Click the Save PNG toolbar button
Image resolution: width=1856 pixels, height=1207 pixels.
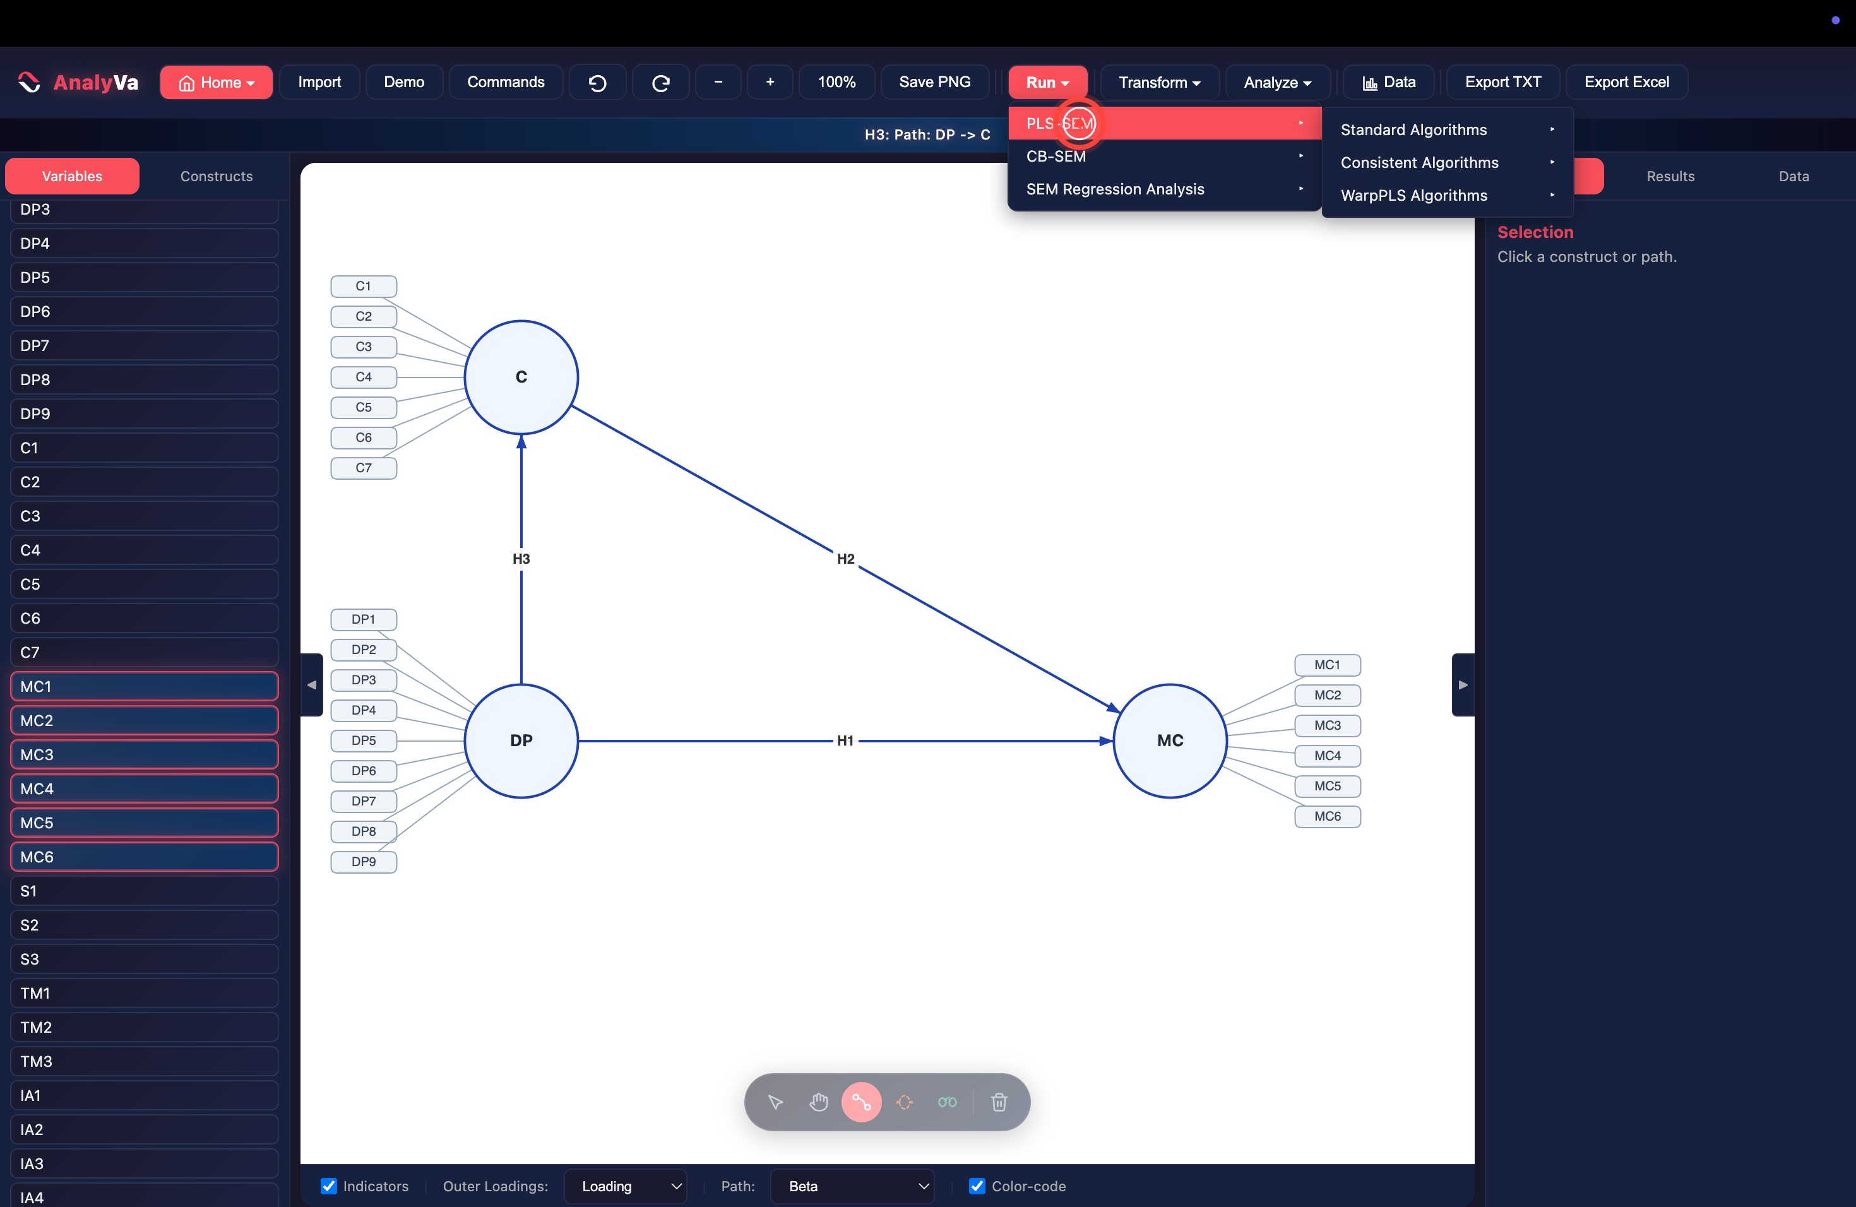point(934,82)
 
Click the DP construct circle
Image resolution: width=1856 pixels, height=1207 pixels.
point(521,740)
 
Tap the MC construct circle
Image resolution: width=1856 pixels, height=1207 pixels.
point(1170,740)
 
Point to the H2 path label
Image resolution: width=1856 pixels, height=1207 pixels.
point(845,558)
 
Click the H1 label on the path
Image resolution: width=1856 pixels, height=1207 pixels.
point(845,740)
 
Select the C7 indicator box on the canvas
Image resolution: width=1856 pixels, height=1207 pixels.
point(364,468)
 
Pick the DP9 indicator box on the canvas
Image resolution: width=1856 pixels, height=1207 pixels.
point(364,862)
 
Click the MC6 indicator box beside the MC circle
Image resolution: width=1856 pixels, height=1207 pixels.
point(1327,816)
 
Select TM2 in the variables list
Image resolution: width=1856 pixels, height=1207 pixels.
point(145,1027)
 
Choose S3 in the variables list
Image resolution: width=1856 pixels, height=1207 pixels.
point(145,959)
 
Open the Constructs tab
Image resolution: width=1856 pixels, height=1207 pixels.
point(216,176)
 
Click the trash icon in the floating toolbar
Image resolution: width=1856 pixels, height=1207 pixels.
point(999,1102)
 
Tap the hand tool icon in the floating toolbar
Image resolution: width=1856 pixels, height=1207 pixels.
point(818,1102)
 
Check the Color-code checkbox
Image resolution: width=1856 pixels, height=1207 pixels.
point(977,1186)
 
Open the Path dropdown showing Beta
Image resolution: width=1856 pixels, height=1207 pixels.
point(852,1186)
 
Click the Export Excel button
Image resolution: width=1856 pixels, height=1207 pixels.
point(1626,82)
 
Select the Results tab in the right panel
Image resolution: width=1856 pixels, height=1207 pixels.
point(1670,176)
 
